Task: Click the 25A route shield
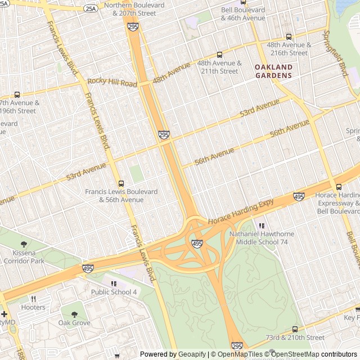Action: click(90, 8)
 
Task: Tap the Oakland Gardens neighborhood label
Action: click(273, 71)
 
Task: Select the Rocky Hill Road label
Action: click(112, 83)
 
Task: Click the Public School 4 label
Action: click(114, 292)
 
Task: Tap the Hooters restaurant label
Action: click(33, 307)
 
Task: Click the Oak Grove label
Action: click(74, 323)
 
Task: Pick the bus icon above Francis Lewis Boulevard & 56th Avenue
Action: click(121, 183)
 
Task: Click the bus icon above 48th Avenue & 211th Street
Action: click(219, 55)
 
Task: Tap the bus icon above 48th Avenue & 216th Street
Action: click(289, 37)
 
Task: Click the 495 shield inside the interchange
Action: click(197, 244)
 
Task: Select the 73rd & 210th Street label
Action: click(295, 337)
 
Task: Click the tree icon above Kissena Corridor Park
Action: click(24, 244)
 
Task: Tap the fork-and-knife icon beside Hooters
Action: click(33, 299)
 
